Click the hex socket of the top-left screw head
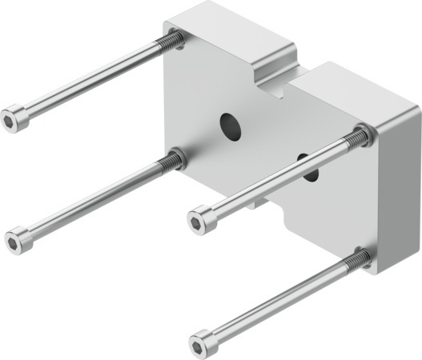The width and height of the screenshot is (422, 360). [9, 121]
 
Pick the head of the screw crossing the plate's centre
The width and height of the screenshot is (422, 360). [201, 218]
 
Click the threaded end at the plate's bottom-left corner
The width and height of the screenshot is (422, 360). [170, 162]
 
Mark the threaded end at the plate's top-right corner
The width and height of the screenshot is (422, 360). [360, 137]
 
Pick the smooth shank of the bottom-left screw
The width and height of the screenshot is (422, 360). [92, 201]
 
